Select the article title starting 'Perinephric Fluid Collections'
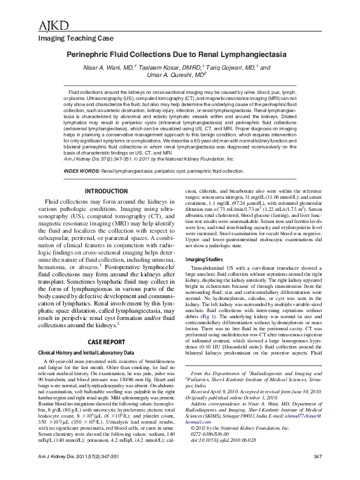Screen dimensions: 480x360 (179, 54)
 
